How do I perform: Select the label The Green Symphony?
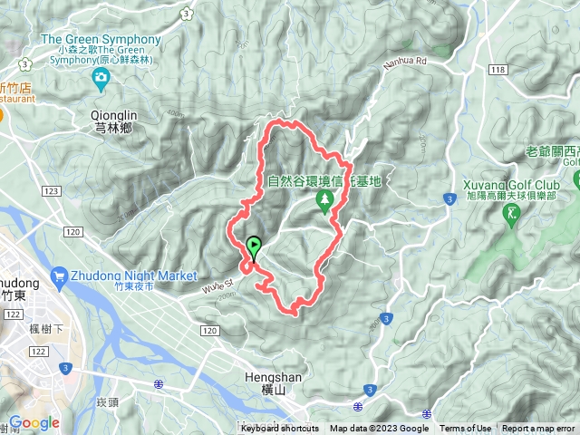click(101, 40)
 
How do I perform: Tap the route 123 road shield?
click(51, 190)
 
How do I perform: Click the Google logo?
click(34, 422)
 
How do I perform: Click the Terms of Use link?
click(466, 429)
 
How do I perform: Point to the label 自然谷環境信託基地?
click(324, 180)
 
